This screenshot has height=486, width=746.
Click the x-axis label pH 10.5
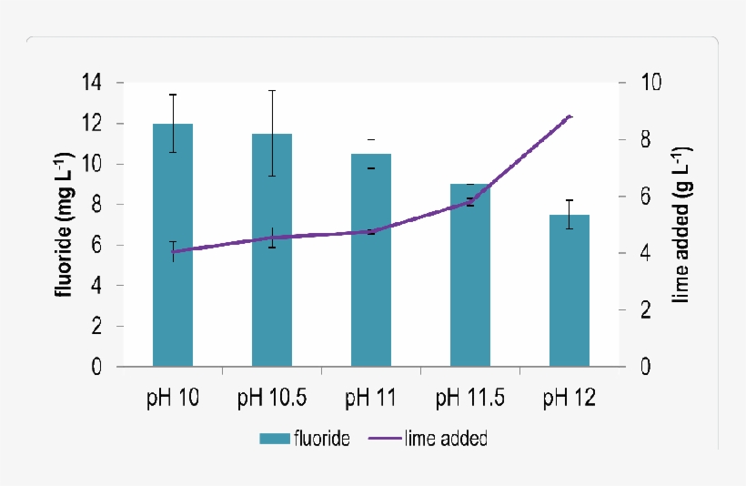coord(272,398)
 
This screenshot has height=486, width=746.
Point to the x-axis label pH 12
coord(570,398)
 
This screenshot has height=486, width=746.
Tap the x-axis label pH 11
coord(371,398)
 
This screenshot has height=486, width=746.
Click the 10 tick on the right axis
coord(650,83)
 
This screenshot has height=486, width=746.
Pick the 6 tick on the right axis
coord(645,197)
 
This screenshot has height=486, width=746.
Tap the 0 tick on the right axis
coord(645,367)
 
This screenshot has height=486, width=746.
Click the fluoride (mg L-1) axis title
coord(65,225)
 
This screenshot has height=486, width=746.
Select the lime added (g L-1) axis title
coord(681,225)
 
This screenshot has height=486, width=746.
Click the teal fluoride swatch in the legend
coord(272,439)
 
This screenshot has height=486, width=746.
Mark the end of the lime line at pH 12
coord(570,116)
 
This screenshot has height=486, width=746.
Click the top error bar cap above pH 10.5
coord(272,91)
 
